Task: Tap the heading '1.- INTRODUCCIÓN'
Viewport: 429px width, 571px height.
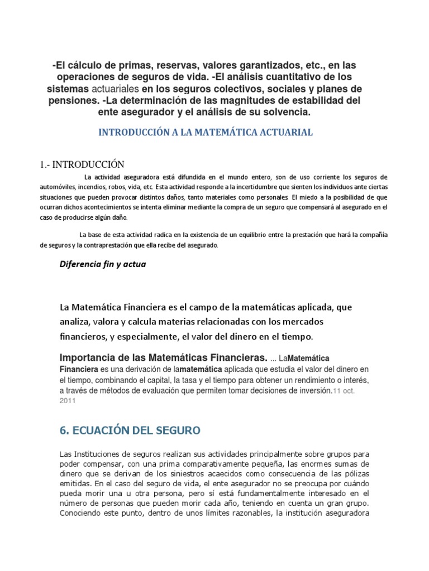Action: (x=82, y=164)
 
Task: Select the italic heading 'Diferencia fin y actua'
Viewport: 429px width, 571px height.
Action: (x=103, y=264)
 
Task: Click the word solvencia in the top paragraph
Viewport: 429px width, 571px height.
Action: (x=284, y=112)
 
